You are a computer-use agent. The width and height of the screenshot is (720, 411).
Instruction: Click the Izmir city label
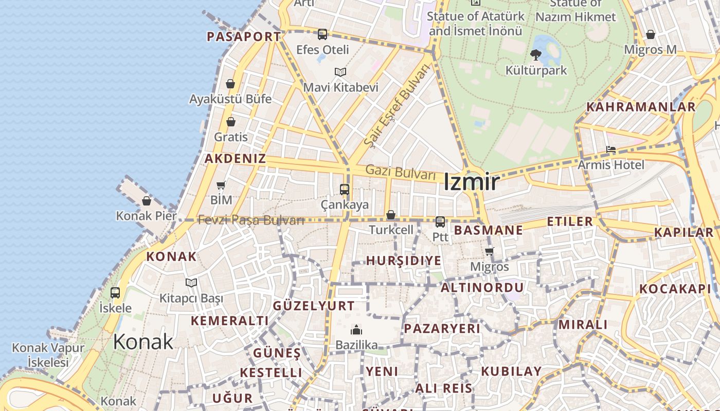[x=471, y=182]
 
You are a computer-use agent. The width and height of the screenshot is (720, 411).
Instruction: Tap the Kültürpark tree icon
[x=536, y=54]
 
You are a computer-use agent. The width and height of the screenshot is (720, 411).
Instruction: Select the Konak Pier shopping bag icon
[x=147, y=201]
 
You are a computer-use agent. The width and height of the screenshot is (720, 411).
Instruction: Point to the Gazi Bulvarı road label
[x=401, y=173]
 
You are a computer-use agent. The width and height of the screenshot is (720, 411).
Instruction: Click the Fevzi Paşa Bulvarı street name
[x=251, y=220]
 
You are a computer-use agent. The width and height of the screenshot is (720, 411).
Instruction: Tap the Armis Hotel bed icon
[x=611, y=150]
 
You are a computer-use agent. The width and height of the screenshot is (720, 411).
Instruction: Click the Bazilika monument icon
[x=356, y=330]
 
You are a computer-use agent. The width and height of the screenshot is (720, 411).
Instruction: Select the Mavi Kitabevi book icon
[x=340, y=72]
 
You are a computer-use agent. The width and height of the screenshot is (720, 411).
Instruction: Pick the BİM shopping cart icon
[x=221, y=185]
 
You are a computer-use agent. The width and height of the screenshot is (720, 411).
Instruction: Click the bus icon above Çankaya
[x=345, y=190]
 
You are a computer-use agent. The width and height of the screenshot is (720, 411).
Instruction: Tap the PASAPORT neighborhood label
[x=244, y=36]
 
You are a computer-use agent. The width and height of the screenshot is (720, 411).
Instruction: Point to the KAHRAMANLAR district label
[x=641, y=107]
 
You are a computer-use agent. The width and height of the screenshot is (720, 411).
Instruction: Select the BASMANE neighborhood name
[x=488, y=230]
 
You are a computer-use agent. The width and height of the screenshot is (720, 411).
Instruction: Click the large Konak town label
[x=143, y=342]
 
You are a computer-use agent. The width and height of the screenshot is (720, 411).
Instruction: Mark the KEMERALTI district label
[x=229, y=321]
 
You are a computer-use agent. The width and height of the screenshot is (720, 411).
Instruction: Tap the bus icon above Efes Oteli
[x=322, y=34]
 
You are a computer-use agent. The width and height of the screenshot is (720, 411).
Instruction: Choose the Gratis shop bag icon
[x=231, y=122]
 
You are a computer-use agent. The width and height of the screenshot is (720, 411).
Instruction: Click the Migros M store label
[x=650, y=50]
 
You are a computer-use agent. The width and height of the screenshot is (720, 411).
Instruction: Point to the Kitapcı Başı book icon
[x=191, y=283]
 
